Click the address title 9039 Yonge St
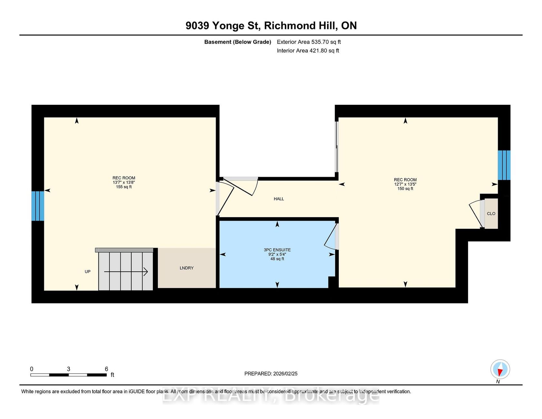[223, 26]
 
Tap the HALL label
[279, 199]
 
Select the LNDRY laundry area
[187, 268]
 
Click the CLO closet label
[491, 214]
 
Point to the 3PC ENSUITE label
[277, 250]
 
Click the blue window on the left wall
[38, 206]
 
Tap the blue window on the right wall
[504, 165]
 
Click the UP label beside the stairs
[87, 272]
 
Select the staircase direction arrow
[126, 272]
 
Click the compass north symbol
[500, 369]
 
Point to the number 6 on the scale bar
[106, 369]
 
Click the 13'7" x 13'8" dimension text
[124, 183]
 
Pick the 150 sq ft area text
[405, 189]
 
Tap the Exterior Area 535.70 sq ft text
[309, 42]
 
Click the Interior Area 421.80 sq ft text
[308, 51]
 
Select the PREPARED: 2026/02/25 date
[271, 374]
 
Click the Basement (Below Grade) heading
[238, 42]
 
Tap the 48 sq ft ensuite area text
[277, 259]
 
